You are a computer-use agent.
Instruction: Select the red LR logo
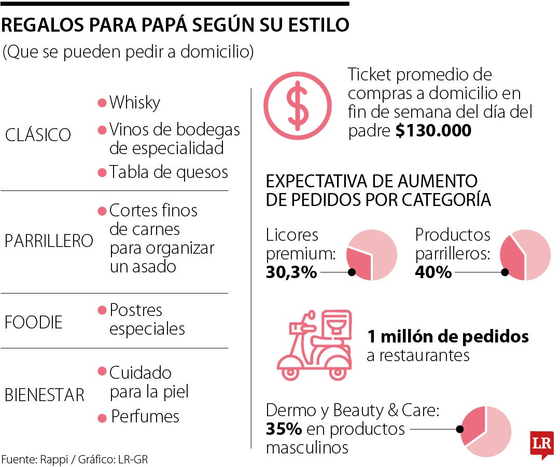click(541, 444)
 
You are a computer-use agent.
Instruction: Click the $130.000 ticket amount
click(433, 131)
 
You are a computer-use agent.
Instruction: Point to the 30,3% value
click(291, 272)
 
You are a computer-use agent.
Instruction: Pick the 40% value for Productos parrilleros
click(433, 272)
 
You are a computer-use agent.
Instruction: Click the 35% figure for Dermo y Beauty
click(284, 430)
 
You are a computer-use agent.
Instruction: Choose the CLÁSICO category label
click(37, 135)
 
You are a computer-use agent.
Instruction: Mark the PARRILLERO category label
click(49, 241)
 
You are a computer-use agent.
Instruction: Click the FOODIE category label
click(34, 322)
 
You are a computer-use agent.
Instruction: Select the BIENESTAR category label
click(44, 395)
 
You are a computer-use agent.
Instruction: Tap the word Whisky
click(134, 102)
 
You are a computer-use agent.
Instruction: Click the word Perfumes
click(145, 417)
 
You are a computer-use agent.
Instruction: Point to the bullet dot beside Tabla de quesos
click(102, 172)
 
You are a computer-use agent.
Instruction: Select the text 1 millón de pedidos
click(448, 336)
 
